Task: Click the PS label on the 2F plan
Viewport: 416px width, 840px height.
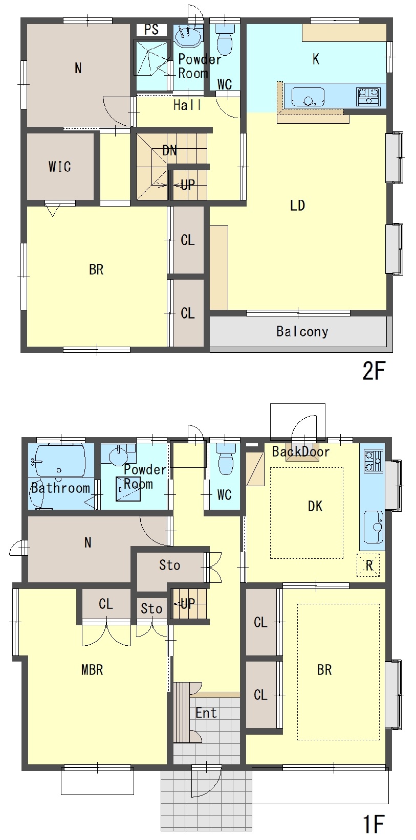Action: (151, 29)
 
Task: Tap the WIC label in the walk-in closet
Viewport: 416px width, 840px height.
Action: (60, 166)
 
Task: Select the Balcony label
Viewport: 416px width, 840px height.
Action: (302, 331)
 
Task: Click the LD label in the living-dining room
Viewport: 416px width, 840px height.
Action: (297, 205)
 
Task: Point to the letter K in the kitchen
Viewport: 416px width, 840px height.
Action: (316, 59)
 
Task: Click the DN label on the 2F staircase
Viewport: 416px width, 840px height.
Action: (169, 150)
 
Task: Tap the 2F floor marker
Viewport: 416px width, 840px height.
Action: (374, 371)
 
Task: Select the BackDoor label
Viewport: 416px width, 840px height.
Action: (301, 451)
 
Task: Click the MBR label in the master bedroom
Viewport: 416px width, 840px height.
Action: (92, 669)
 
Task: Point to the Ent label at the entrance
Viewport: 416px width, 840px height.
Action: (206, 713)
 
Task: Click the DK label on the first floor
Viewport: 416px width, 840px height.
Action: (315, 506)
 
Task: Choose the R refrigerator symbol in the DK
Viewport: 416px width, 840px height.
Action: (369, 565)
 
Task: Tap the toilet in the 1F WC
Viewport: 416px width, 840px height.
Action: (226, 460)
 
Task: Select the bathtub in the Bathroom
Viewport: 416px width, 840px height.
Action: (60, 461)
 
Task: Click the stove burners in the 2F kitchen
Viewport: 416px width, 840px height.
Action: (369, 97)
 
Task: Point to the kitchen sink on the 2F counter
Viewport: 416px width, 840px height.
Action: (308, 98)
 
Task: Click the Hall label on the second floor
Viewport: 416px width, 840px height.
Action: (187, 105)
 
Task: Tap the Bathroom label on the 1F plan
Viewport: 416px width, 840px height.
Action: (60, 488)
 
